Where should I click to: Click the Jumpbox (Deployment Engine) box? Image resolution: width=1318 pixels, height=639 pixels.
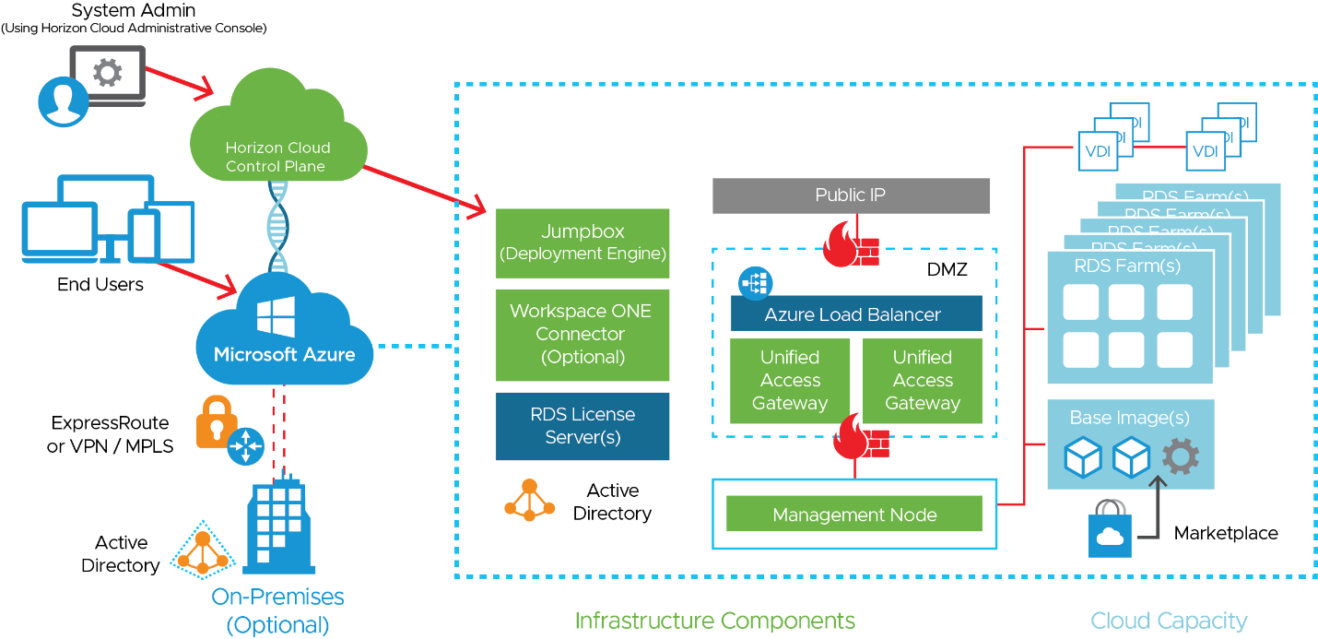[x=582, y=243]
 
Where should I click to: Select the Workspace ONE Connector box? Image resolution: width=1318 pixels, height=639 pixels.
[x=582, y=335]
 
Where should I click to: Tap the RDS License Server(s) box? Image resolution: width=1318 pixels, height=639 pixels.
[x=582, y=426]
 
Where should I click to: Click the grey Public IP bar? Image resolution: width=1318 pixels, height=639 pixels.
[x=850, y=195]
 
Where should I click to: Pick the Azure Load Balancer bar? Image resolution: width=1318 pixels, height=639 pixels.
[x=855, y=314]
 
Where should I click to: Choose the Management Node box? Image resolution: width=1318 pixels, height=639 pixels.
[x=853, y=515]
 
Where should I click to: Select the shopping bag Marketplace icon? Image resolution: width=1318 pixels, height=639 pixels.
[x=1110, y=530]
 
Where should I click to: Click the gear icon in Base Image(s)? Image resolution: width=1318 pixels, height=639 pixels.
[x=1180, y=456]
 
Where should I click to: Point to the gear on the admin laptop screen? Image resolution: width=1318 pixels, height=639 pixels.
[x=109, y=73]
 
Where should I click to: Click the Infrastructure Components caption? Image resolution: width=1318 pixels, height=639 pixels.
[x=715, y=621]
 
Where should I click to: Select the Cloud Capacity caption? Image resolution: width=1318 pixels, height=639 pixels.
[x=1169, y=621]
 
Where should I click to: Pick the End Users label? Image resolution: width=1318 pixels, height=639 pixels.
[x=100, y=284]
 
